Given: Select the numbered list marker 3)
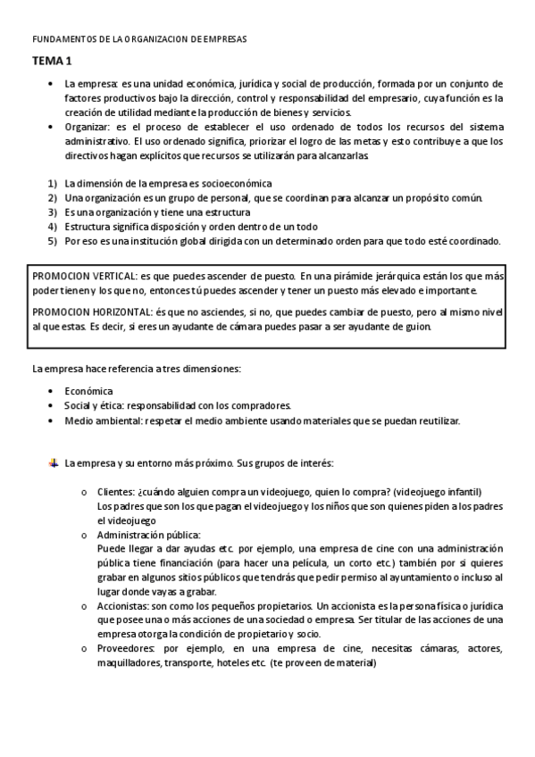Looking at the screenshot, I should tap(53, 212).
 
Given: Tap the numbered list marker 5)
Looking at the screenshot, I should tap(53, 240).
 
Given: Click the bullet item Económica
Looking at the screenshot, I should tap(88, 390).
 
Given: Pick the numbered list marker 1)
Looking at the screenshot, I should tap(53, 183).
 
